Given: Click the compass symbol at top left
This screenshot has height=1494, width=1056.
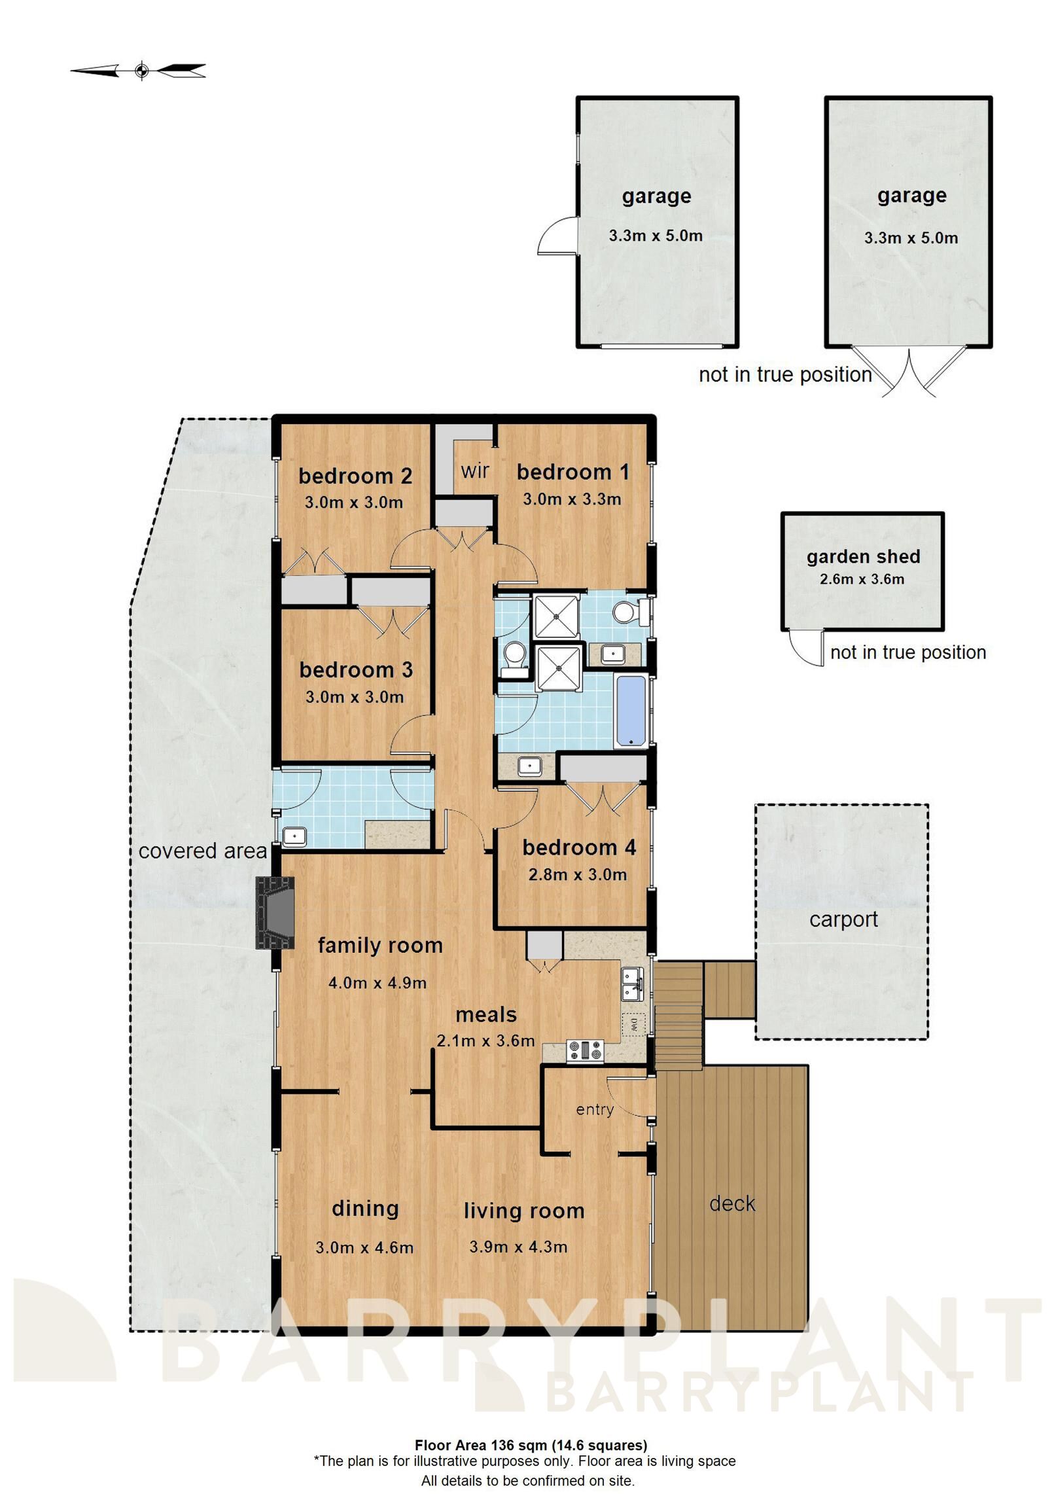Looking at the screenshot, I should click(x=141, y=70).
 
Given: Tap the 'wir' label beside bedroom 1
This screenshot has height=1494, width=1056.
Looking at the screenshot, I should click(x=474, y=471).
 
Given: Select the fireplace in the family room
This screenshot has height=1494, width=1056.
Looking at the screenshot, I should click(x=275, y=913).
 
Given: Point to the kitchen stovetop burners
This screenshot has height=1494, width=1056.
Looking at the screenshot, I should click(x=585, y=1050).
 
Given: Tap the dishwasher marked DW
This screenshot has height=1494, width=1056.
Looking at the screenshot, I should click(x=634, y=1024).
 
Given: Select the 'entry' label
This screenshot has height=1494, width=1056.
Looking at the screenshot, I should click(x=594, y=1110).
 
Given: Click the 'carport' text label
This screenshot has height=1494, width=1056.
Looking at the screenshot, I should click(x=843, y=919).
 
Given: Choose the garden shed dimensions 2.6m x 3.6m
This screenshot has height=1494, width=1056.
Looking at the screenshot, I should click(x=862, y=579).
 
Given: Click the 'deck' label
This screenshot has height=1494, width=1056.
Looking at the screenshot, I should click(x=732, y=1203).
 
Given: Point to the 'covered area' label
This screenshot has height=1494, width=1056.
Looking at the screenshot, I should click(x=203, y=851).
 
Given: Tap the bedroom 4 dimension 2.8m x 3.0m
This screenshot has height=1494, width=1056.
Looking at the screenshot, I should click(x=577, y=875).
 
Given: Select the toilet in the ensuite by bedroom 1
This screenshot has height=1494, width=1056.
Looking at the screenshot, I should click(x=625, y=613).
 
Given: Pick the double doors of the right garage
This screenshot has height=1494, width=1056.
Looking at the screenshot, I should click(x=909, y=373).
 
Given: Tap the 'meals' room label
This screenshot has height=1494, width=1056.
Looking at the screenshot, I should click(x=485, y=1015).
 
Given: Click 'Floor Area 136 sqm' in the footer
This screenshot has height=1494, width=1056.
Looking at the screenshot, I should click(x=480, y=1445).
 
